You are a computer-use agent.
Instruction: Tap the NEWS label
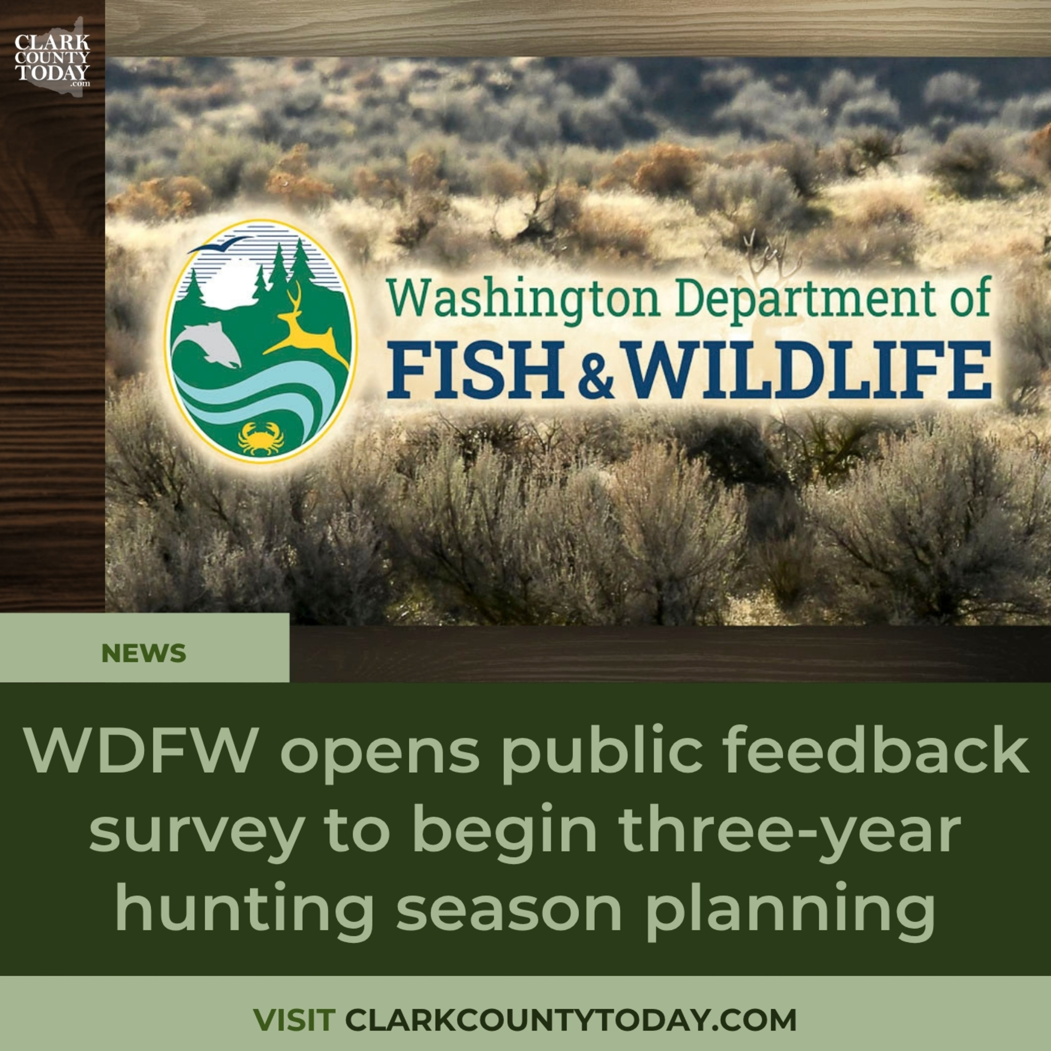[144, 653]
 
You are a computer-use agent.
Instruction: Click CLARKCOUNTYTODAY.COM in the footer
[571, 1019]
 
